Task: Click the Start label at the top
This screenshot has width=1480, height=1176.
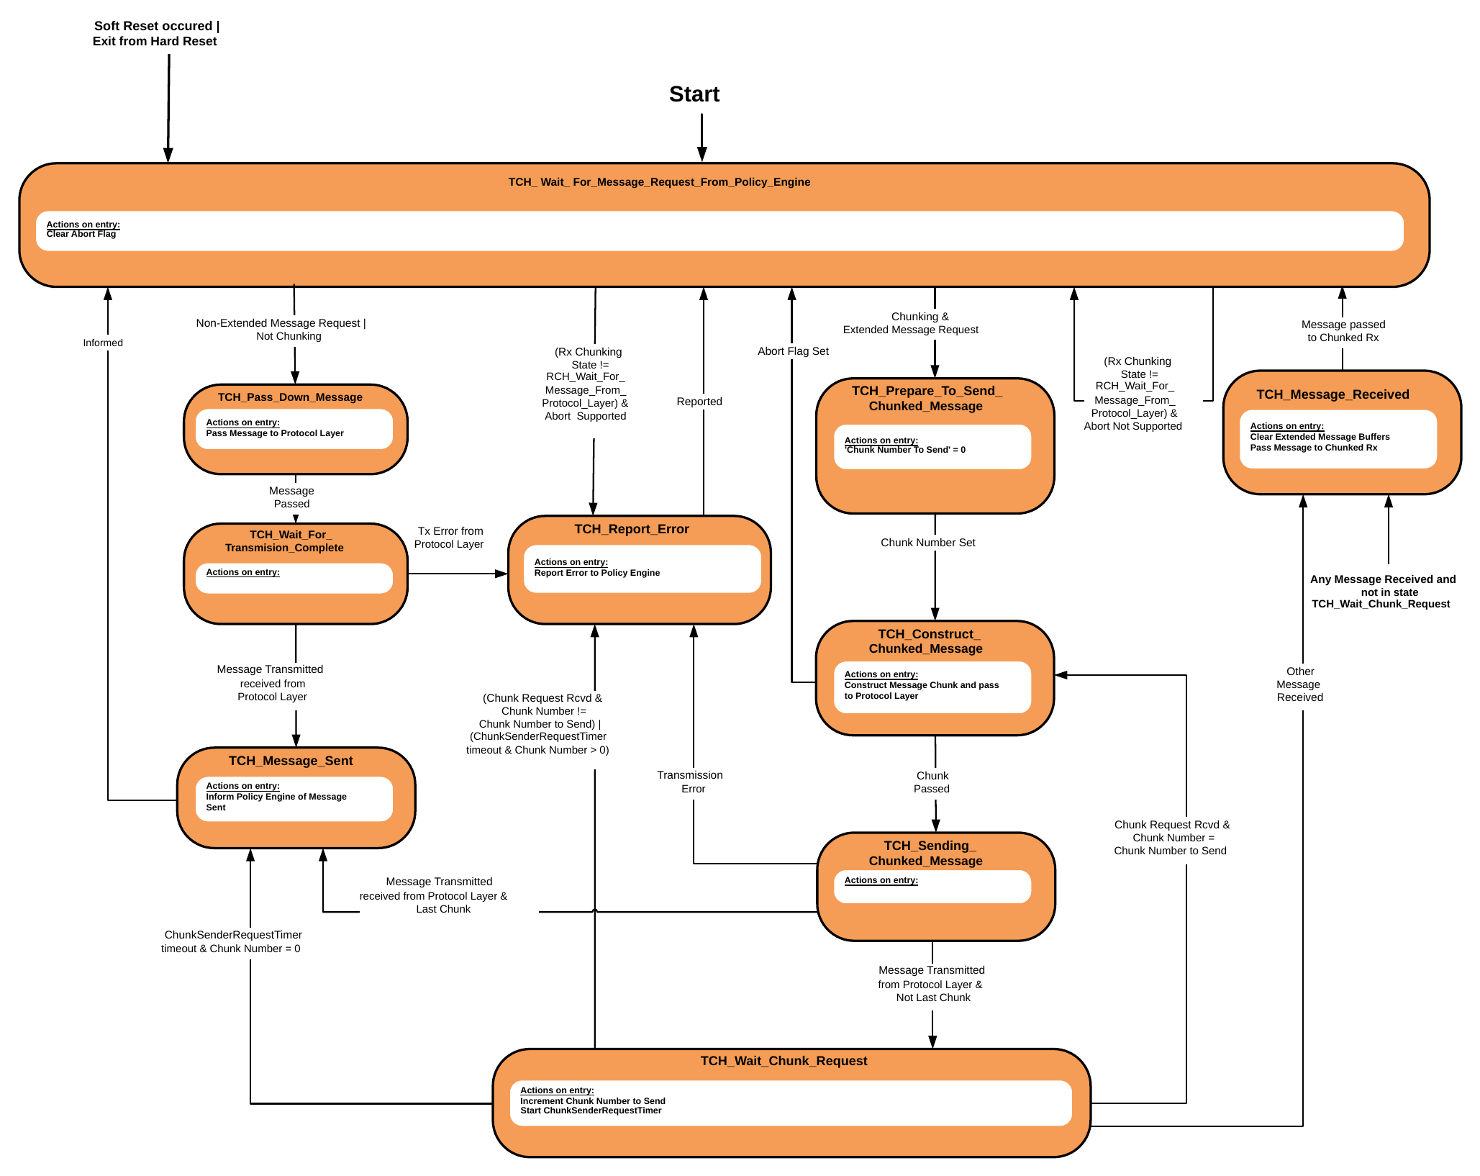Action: point(694,94)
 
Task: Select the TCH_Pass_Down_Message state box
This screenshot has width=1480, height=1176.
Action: point(296,430)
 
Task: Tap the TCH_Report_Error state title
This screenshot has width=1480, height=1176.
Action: point(632,529)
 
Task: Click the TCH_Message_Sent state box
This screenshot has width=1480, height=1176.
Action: point(296,797)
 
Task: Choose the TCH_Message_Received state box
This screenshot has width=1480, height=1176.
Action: point(1342,433)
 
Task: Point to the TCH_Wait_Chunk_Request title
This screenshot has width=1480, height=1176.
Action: point(784,1061)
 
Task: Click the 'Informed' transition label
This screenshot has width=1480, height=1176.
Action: point(103,343)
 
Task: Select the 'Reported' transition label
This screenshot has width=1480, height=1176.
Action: point(699,402)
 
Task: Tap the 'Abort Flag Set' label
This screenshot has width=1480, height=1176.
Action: point(793,351)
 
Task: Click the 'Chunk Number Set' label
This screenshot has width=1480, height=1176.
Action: point(928,543)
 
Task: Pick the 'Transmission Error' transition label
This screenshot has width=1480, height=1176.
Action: point(690,782)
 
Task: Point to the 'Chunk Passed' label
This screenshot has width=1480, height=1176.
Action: point(932,782)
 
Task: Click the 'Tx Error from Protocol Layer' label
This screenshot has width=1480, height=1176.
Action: point(449,538)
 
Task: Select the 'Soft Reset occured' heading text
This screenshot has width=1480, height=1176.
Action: point(153,26)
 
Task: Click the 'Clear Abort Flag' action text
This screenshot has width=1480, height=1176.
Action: point(81,234)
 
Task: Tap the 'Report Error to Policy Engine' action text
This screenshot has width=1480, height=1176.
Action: point(597,573)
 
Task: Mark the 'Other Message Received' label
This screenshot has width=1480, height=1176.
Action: point(1299,684)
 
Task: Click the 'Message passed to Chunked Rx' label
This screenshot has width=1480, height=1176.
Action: point(1343,331)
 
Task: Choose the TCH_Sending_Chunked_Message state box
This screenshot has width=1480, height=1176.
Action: point(936,887)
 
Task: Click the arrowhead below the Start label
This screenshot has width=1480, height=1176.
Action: point(702,154)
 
